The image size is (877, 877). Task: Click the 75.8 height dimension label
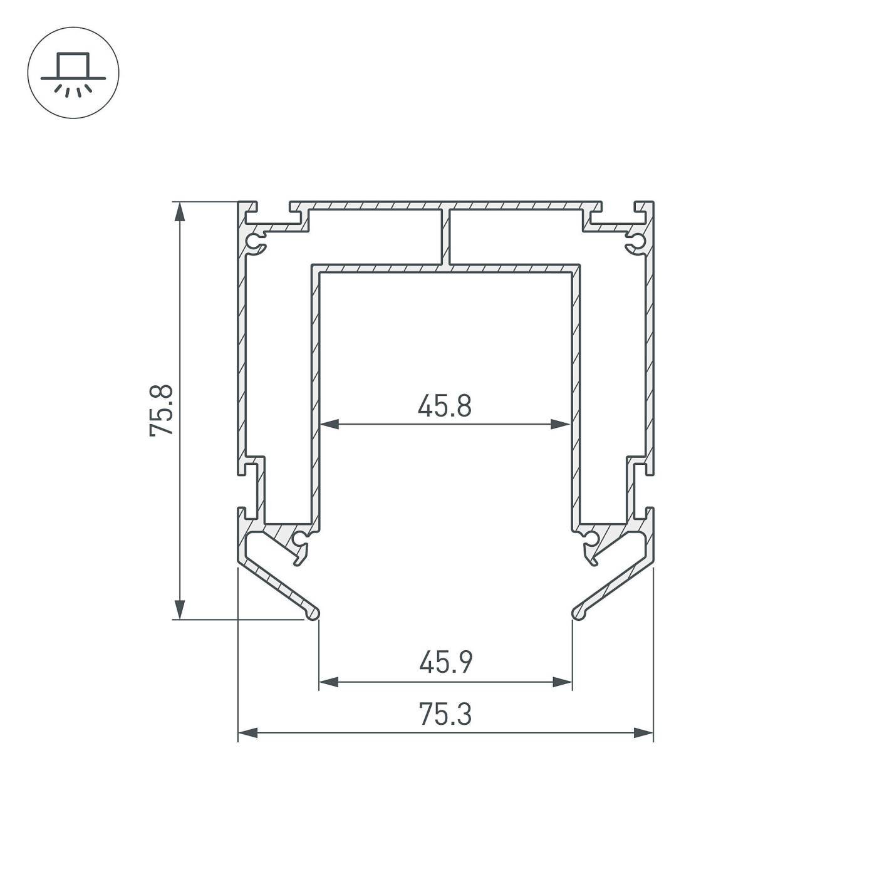(161, 410)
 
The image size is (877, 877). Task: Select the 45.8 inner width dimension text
(444, 406)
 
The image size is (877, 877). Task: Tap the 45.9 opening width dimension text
(445, 662)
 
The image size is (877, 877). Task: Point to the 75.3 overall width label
(445, 714)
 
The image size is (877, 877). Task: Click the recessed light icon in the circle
(73, 73)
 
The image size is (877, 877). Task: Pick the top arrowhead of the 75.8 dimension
(180, 212)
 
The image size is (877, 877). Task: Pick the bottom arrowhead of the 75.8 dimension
(180, 610)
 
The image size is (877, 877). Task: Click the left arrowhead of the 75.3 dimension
(248, 732)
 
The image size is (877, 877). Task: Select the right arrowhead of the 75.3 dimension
(643, 732)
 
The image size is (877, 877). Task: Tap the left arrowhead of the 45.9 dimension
(329, 682)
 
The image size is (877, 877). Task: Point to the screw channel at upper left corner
(255, 242)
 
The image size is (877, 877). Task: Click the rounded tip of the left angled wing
(313, 613)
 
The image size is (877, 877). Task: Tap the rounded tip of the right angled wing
(579, 613)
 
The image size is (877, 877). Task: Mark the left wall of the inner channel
(316, 395)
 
